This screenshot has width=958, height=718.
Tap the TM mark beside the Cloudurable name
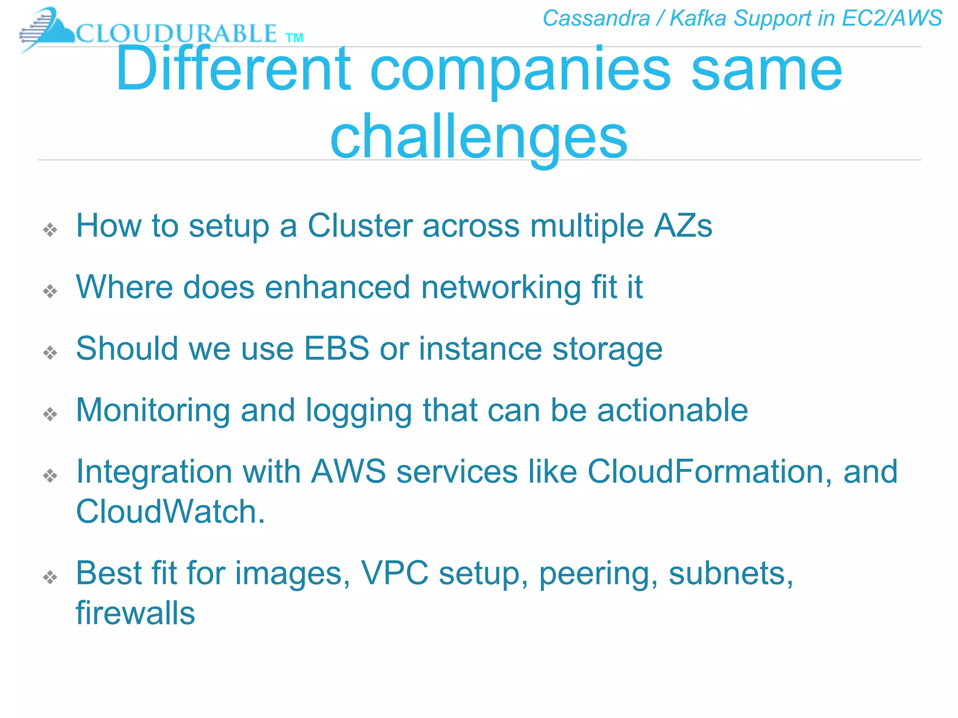(x=294, y=38)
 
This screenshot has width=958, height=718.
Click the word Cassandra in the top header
(x=596, y=19)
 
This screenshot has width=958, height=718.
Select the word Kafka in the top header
(x=697, y=19)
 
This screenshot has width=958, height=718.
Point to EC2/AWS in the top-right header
(x=891, y=19)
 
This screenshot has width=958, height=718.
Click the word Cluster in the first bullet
(x=360, y=226)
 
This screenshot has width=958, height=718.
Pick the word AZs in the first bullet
(x=683, y=226)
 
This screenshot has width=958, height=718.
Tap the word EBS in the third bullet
(x=336, y=349)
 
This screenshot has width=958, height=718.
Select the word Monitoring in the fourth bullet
(x=152, y=410)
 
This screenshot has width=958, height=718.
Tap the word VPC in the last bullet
(x=394, y=573)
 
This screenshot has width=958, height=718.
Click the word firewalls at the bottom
(x=135, y=613)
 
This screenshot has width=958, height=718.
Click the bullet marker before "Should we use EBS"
(x=50, y=352)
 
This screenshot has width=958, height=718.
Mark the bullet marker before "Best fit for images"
(x=50, y=577)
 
